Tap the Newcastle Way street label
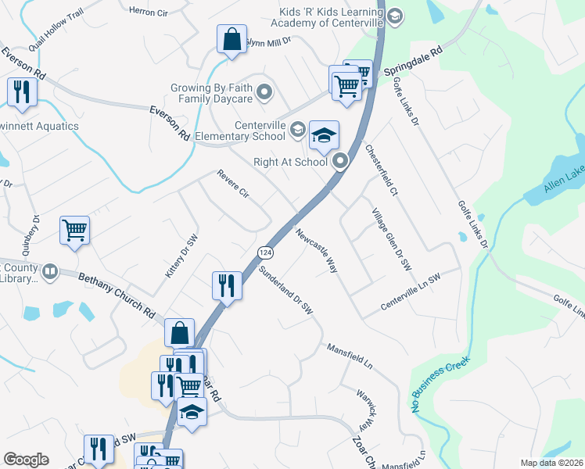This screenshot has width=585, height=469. [x=317, y=250]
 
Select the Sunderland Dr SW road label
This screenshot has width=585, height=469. [x=286, y=292]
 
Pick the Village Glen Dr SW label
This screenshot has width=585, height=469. [x=391, y=241]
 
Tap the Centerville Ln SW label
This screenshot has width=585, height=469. [x=411, y=292]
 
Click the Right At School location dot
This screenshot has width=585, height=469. [x=340, y=162]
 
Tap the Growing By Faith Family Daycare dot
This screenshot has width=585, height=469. [x=264, y=94]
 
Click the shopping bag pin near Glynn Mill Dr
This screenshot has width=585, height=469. [x=232, y=39]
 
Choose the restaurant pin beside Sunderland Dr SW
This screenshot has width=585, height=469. [x=226, y=285]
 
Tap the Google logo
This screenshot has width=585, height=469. [x=26, y=460]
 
